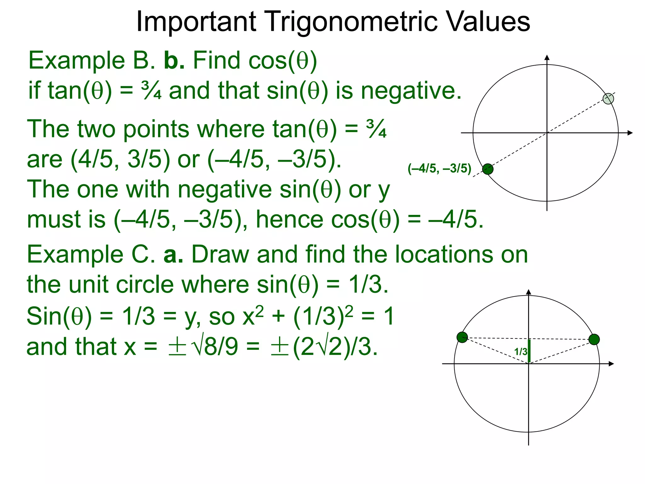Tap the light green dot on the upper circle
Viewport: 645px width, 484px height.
click(x=608, y=99)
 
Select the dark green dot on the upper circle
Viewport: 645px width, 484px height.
click(x=488, y=169)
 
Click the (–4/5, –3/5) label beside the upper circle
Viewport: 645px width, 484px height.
click(x=439, y=169)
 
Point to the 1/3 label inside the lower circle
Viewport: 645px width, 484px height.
click(x=521, y=351)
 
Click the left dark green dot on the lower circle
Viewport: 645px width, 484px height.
click(x=462, y=337)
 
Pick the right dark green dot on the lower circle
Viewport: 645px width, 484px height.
click(x=594, y=339)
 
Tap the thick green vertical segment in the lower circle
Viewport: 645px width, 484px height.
click(x=529, y=351)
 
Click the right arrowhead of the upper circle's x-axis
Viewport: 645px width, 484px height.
click(x=630, y=133)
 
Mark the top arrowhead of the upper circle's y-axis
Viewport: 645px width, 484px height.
click(x=547, y=57)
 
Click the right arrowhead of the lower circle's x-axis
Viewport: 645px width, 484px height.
click(x=611, y=364)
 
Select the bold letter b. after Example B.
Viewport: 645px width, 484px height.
click(x=174, y=60)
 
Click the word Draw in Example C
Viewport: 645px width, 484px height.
click(x=220, y=255)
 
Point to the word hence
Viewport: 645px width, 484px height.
click(x=289, y=220)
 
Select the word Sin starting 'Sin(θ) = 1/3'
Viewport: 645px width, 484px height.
click(x=44, y=316)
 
